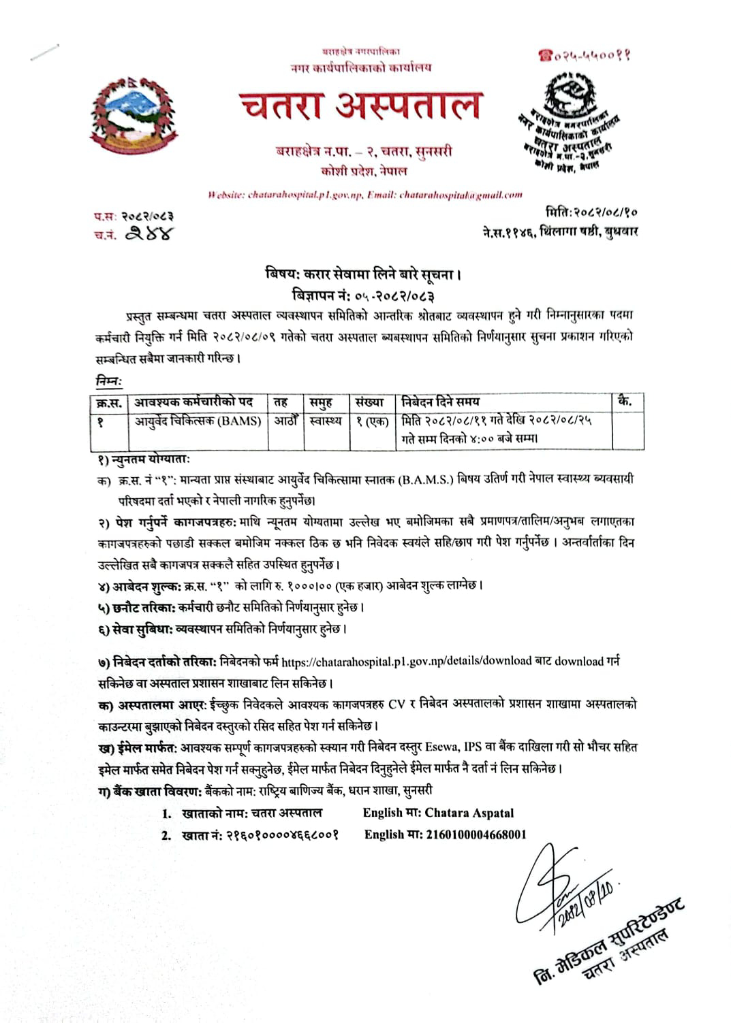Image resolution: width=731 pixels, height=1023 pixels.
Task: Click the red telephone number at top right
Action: [583, 55]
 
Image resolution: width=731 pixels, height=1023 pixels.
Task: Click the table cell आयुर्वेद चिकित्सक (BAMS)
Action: [198, 421]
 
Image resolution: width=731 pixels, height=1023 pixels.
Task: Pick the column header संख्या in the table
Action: [370, 402]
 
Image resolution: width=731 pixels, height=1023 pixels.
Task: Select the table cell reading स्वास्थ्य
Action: [325, 421]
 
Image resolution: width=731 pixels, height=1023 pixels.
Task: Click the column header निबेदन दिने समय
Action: [441, 402]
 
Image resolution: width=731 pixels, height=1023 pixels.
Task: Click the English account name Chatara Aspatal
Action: [469, 813]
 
